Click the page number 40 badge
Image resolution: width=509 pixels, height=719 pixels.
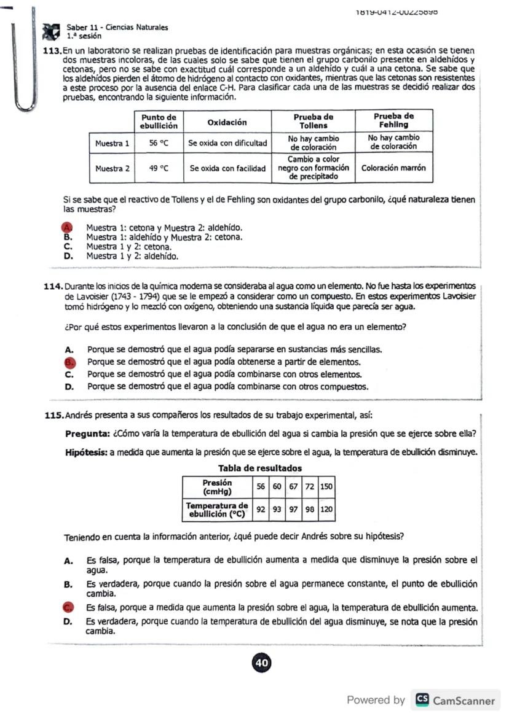tap(261, 663)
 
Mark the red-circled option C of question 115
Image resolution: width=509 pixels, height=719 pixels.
tap(69, 608)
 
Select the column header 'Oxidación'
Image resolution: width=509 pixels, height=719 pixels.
tap(227, 122)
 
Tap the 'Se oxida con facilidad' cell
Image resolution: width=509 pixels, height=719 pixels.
tap(227, 168)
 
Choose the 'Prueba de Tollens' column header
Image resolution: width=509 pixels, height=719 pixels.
tap(313, 120)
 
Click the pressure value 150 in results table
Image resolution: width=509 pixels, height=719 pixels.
tap(326, 486)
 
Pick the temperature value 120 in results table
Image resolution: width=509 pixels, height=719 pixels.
tap(326, 509)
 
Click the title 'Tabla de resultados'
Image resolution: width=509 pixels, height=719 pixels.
tap(259, 468)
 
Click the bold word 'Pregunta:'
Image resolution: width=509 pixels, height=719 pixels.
tap(87, 434)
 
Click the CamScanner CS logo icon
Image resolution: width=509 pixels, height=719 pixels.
tap(422, 700)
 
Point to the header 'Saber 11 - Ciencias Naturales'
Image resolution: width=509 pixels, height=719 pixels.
tap(117, 28)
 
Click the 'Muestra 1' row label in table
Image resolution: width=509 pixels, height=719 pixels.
tap(112, 143)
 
